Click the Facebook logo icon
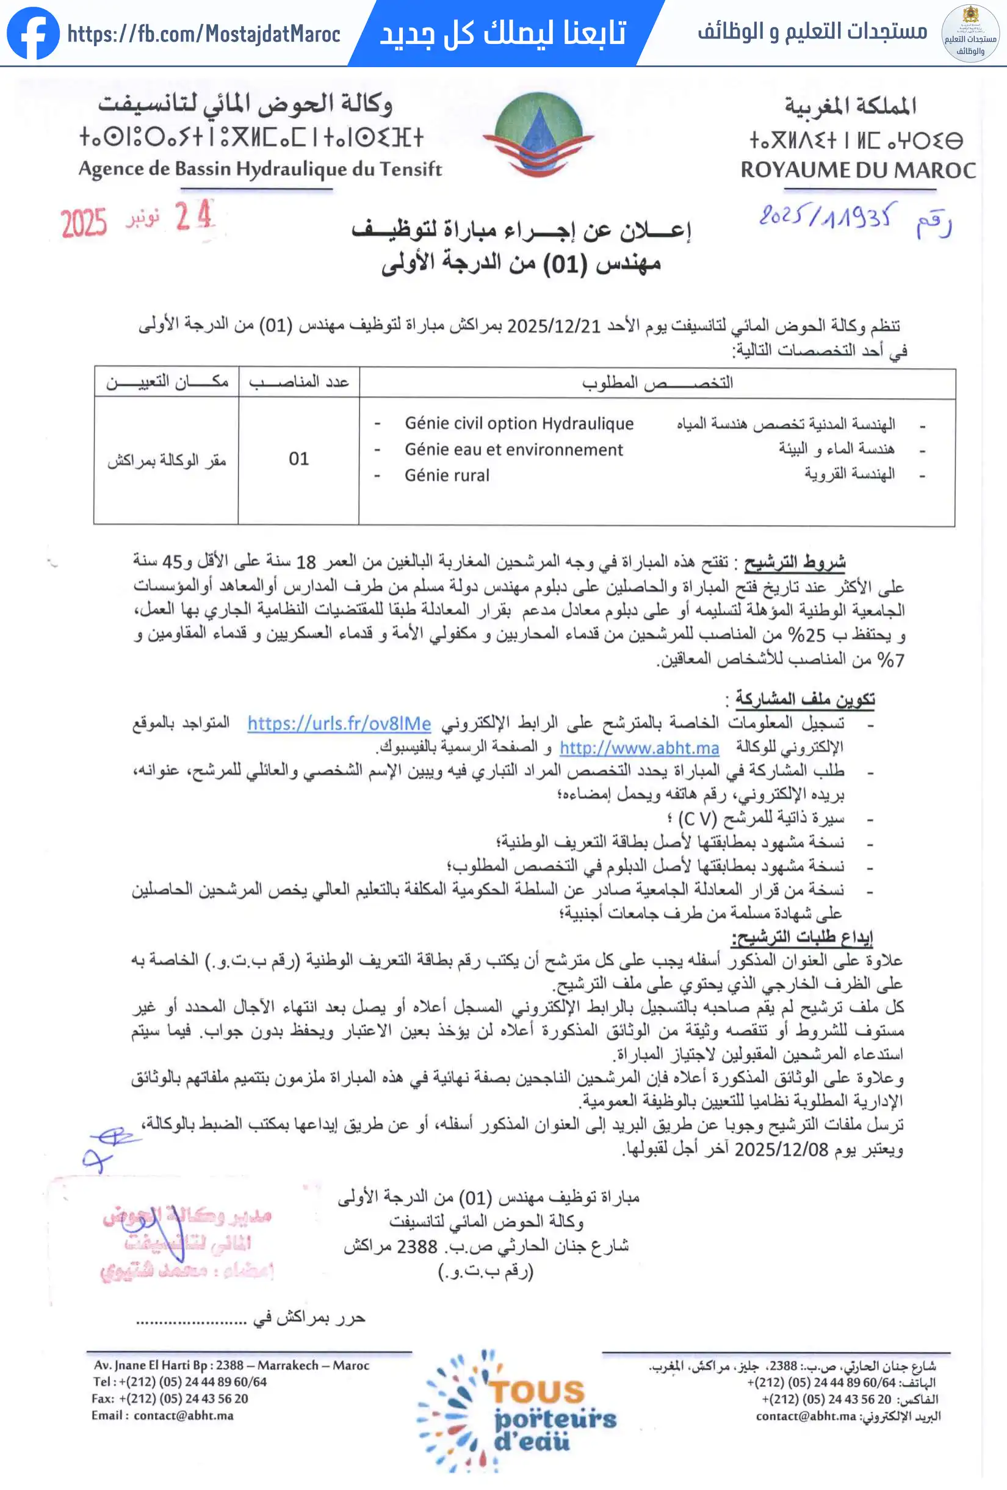pyautogui.click(x=33, y=34)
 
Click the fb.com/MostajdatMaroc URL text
pyautogui.click(x=204, y=34)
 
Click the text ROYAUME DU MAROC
pyautogui.click(x=858, y=170)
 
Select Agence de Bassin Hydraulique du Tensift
pyautogui.click(x=260, y=169)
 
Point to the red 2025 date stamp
pyautogui.click(x=84, y=223)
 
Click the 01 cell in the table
pyautogui.click(x=298, y=459)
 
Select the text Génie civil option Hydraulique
pyautogui.click(x=519, y=424)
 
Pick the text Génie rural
pyautogui.click(x=447, y=476)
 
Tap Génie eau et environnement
pyautogui.click(x=513, y=450)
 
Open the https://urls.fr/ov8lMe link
pyautogui.click(x=339, y=724)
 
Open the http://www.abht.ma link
pyautogui.click(x=639, y=748)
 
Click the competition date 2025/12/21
pyautogui.click(x=554, y=327)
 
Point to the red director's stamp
pyautogui.click(x=187, y=1243)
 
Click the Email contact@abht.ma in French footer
pyautogui.click(x=162, y=1416)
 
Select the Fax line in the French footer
pyautogui.click(x=169, y=1399)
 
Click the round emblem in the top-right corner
pyautogui.click(x=970, y=34)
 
